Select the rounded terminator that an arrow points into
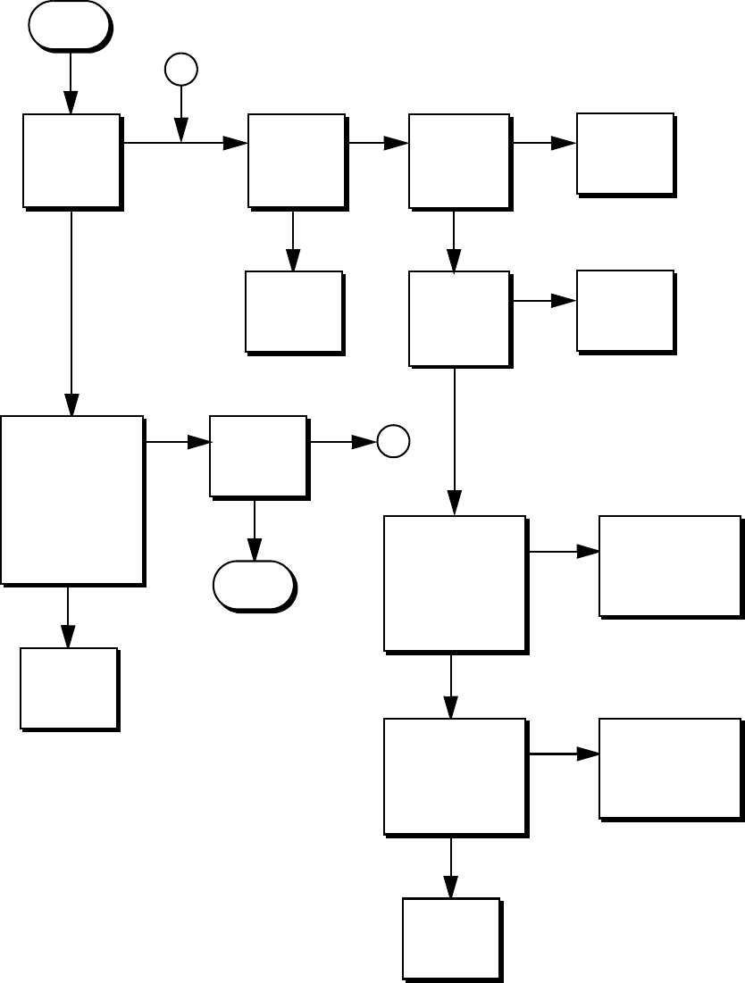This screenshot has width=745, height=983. tap(254, 586)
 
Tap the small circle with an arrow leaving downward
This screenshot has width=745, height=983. tap(181, 69)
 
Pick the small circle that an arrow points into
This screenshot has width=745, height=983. tap(393, 441)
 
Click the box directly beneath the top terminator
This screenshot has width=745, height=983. tap(71, 161)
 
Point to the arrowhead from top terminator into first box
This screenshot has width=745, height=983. tap(70, 104)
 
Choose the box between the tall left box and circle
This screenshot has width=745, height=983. tap(258, 455)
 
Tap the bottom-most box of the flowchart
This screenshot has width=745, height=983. tap(450, 938)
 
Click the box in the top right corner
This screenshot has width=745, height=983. tap(624, 153)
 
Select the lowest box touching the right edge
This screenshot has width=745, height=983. tap(670, 768)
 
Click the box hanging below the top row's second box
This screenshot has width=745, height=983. tap(294, 312)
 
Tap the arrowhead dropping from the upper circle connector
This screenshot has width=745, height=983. tap(181, 132)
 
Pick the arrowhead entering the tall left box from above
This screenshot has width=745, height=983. tap(71, 405)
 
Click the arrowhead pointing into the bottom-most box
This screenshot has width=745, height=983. tap(450, 887)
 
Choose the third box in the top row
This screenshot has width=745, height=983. tap(459, 161)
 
